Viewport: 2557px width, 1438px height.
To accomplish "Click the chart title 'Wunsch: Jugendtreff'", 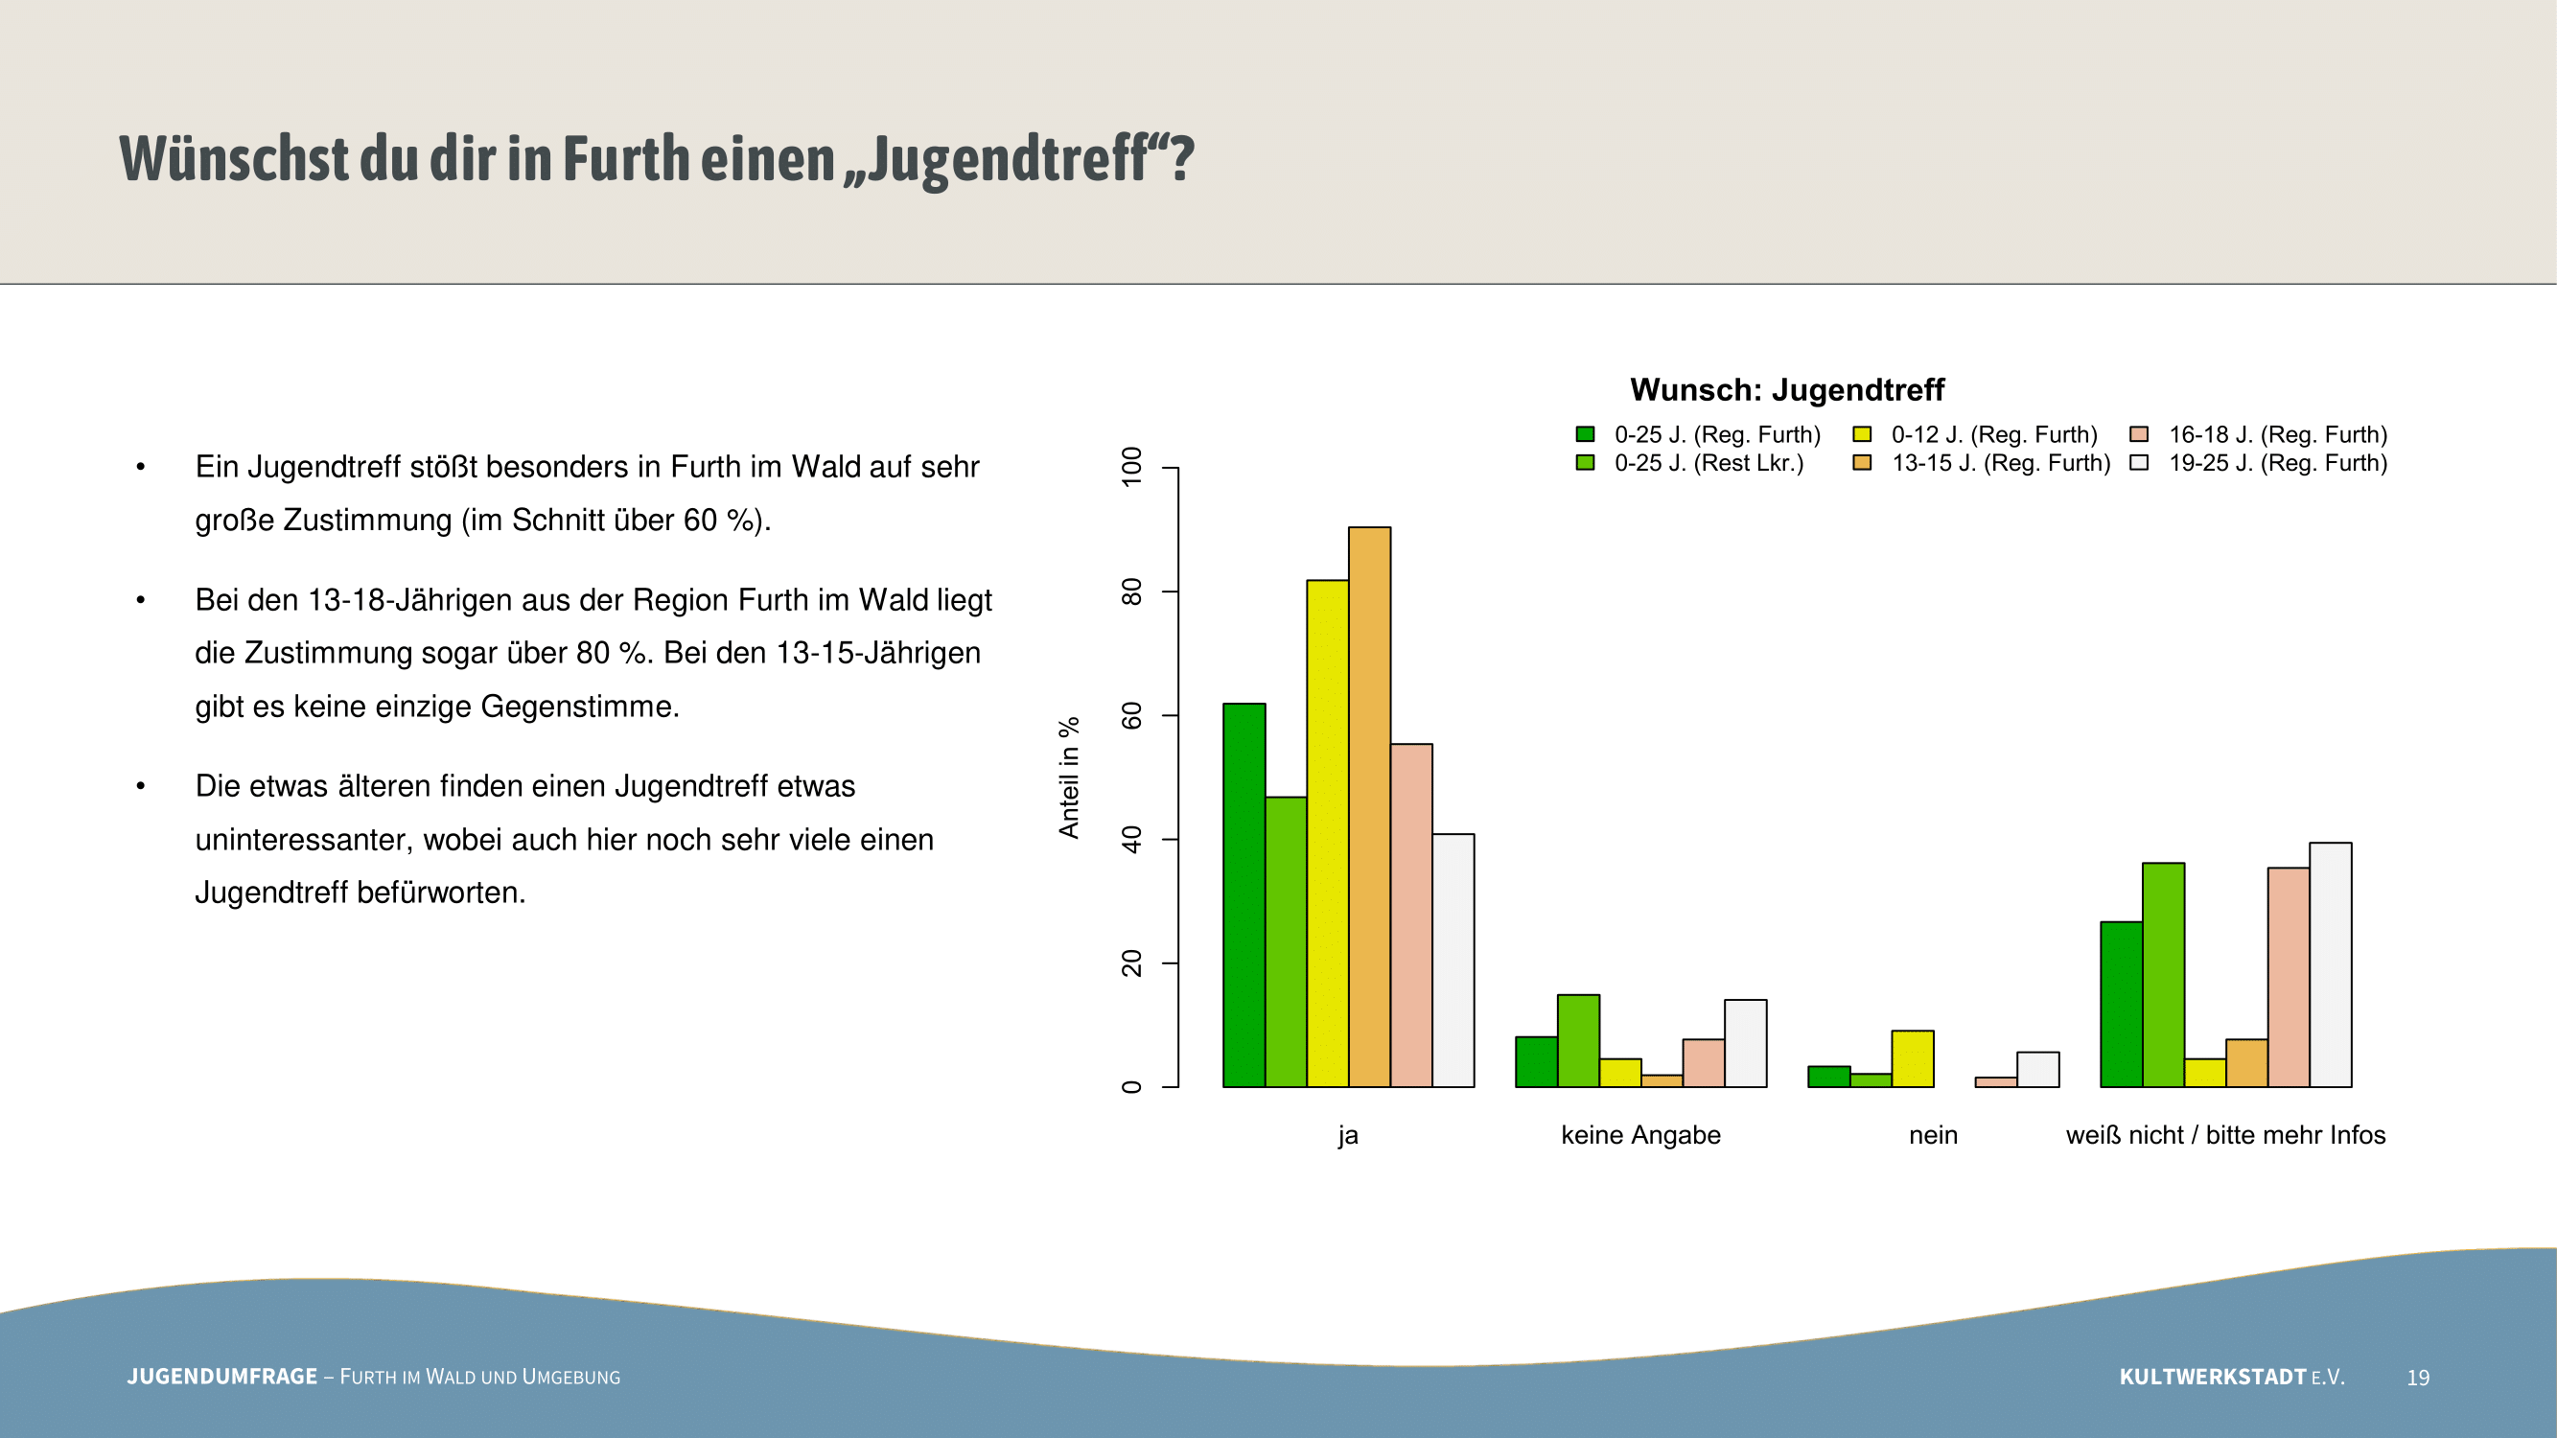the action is tap(1787, 390).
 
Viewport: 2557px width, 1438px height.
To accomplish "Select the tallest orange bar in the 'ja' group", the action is tap(1369, 807).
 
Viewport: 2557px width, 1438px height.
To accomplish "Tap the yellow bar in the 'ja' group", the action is tap(1327, 834).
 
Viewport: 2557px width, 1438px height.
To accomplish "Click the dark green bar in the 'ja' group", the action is tap(1244, 895).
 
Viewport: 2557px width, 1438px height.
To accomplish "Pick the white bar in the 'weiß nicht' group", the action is tap(2330, 964).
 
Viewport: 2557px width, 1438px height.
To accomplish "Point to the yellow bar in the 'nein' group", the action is tap(1913, 1059).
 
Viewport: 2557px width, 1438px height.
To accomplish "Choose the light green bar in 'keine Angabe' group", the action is tap(1578, 1041).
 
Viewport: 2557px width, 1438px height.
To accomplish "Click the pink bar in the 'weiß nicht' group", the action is tap(2288, 978).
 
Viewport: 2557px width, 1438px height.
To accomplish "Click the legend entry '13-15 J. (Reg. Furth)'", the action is tap(1982, 462).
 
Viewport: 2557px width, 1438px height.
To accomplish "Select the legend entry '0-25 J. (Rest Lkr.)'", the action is tap(1689, 462).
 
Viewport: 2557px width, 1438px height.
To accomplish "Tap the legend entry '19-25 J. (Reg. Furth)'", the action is tap(2258, 462).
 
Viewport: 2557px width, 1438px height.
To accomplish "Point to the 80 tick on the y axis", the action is tap(1170, 591).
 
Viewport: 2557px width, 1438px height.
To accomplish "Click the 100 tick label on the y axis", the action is tap(1131, 467).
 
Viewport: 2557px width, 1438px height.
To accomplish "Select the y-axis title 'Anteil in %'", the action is tap(1069, 778).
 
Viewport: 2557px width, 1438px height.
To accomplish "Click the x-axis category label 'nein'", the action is tap(1933, 1134).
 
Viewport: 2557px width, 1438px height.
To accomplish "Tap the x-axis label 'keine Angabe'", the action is tap(1640, 1135).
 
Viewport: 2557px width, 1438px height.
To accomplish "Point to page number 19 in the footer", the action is tap(2418, 1378).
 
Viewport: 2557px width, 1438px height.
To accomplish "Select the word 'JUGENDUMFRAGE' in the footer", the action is tap(222, 1377).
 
